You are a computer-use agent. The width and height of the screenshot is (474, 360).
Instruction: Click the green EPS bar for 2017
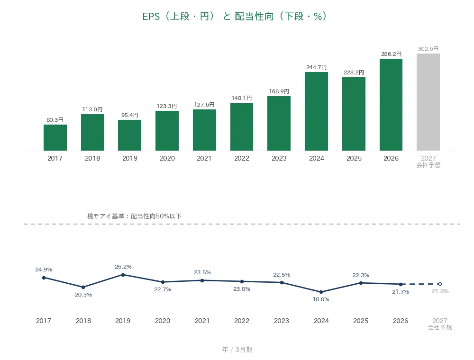[55, 137]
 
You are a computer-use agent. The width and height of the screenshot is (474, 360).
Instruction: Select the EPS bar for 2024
[316, 111]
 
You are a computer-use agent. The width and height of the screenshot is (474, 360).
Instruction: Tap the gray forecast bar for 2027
[428, 102]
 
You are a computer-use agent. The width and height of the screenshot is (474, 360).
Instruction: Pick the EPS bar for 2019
[130, 135]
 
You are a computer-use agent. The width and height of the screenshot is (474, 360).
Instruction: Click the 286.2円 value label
[391, 54]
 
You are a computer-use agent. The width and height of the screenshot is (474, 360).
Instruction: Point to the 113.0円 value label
[92, 109]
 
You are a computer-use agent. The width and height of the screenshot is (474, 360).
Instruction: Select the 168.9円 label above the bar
[279, 91]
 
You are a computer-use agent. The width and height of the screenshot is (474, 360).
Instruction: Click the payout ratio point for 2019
[123, 275]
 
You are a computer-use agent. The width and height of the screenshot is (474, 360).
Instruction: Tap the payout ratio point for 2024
[321, 292]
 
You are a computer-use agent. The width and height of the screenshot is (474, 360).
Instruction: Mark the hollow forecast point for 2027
[440, 284]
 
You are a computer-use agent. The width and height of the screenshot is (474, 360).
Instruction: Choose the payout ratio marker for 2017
[44, 278]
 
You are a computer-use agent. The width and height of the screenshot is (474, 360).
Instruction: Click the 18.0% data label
[321, 299]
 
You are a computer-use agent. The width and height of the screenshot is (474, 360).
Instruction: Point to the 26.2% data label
[123, 267]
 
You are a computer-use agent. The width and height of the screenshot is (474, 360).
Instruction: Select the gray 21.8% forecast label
[440, 291]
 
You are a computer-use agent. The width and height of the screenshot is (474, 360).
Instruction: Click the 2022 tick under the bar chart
[242, 158]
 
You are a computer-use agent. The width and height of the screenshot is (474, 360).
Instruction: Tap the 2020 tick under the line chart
[163, 321]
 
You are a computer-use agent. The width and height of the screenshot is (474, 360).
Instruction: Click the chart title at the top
[235, 16]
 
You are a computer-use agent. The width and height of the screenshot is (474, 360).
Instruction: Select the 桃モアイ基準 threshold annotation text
[134, 216]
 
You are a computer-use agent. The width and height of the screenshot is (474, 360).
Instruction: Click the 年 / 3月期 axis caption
[237, 350]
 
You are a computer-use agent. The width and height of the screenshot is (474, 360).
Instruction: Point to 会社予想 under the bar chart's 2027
[428, 165]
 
